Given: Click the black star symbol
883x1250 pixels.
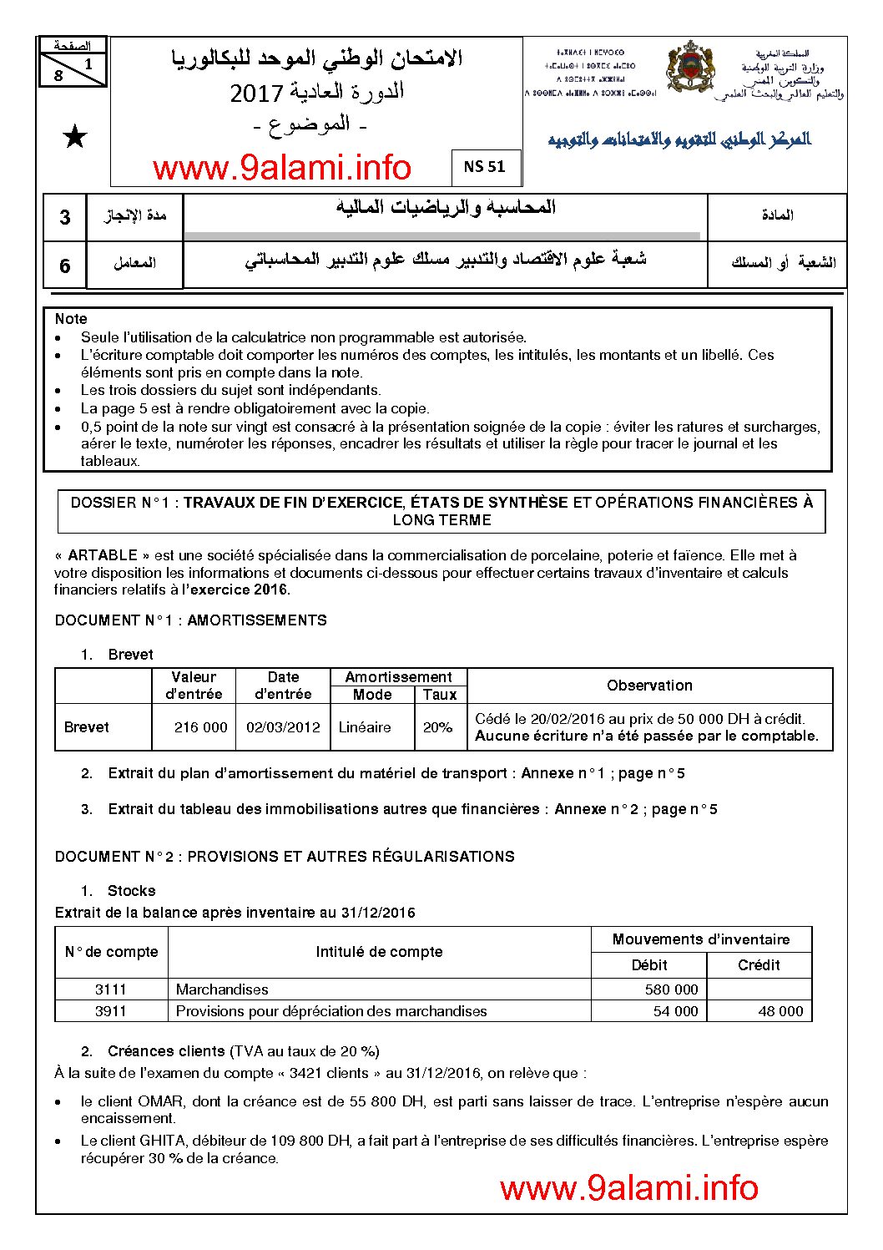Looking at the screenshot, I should pyautogui.click(x=75, y=138).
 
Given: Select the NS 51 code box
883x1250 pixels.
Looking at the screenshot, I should pyautogui.click(x=485, y=167).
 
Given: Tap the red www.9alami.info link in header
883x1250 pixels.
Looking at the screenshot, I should pyautogui.click(x=282, y=169).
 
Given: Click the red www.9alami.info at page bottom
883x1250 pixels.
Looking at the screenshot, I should pyautogui.click(x=628, y=1188).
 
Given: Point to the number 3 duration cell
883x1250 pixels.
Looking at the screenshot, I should pyautogui.click(x=65, y=218).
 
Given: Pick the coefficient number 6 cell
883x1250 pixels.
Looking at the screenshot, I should pyautogui.click(x=65, y=266).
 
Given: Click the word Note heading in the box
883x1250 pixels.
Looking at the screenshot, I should pyautogui.click(x=71, y=319).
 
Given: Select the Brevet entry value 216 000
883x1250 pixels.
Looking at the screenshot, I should pyautogui.click(x=200, y=727).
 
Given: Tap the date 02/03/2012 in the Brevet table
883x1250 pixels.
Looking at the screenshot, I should pyautogui.click(x=283, y=727).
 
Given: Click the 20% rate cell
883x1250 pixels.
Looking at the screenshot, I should pyautogui.click(x=437, y=727).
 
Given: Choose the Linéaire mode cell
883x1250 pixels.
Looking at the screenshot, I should pyautogui.click(x=365, y=727).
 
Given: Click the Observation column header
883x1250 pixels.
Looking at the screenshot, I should pyautogui.click(x=649, y=686).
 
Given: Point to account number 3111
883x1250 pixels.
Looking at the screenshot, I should pyautogui.click(x=110, y=989).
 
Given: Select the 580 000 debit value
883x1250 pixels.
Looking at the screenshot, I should pyautogui.click(x=671, y=989).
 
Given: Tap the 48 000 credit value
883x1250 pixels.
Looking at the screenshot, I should pyautogui.click(x=780, y=1011).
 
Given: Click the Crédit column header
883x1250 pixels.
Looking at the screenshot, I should pyautogui.click(x=759, y=965).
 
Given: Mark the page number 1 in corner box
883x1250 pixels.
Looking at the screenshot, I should pyautogui.click(x=88, y=63).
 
